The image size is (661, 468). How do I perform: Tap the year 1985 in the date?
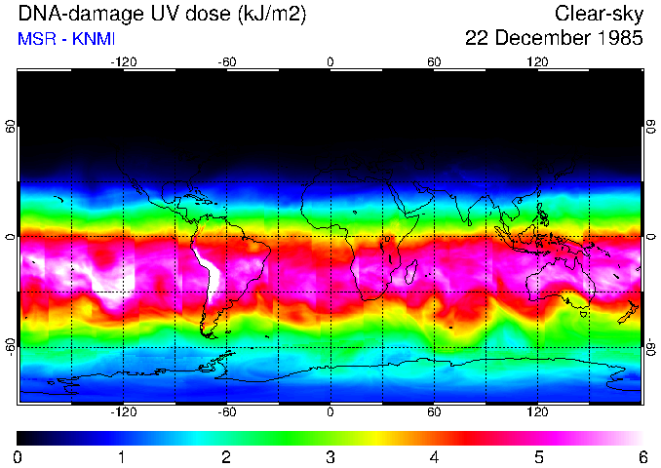pyautogui.click(x=613, y=39)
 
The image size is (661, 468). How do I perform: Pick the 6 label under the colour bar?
pyautogui.click(x=642, y=456)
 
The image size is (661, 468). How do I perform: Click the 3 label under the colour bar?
pyautogui.click(x=330, y=456)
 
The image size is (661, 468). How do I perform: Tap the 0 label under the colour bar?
pyautogui.click(x=18, y=456)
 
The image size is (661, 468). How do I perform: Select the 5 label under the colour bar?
pyautogui.click(x=537, y=456)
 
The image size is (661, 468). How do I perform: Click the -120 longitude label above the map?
pyautogui.click(x=123, y=61)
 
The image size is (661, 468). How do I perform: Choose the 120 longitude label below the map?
pyautogui.click(x=537, y=411)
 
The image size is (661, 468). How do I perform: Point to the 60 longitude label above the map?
pyautogui.click(x=434, y=61)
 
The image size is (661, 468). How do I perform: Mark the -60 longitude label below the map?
pyautogui.click(x=226, y=411)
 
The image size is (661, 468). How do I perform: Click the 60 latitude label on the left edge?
pyautogui.click(x=11, y=127)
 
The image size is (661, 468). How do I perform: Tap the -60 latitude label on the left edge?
pyautogui.click(x=11, y=346)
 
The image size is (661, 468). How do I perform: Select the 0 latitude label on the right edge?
pyautogui.click(x=650, y=236)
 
